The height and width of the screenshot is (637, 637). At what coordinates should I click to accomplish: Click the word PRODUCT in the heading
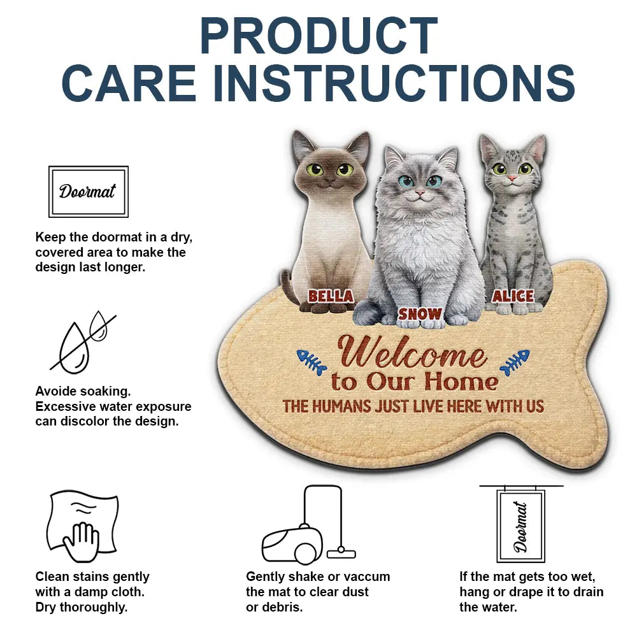click(x=318, y=36)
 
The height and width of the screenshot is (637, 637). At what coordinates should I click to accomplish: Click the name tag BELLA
click(x=330, y=296)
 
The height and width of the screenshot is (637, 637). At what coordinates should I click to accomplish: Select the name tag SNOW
click(x=420, y=313)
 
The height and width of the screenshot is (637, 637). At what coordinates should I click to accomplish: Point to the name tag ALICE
click(x=513, y=296)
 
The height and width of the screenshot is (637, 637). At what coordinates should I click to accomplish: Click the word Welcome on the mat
click(x=412, y=352)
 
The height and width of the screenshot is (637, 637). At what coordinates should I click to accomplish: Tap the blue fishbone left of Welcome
click(x=312, y=361)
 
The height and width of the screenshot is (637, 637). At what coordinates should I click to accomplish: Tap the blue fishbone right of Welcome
click(x=515, y=361)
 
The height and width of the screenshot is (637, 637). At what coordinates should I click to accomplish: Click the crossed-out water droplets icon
click(x=83, y=342)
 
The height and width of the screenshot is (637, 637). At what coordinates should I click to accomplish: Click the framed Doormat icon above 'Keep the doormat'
click(x=89, y=191)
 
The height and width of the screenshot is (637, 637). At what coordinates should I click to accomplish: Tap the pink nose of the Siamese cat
click(x=329, y=180)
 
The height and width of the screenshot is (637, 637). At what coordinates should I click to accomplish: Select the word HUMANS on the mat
click(x=341, y=406)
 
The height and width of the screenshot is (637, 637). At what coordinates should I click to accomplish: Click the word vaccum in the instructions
click(x=365, y=576)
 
